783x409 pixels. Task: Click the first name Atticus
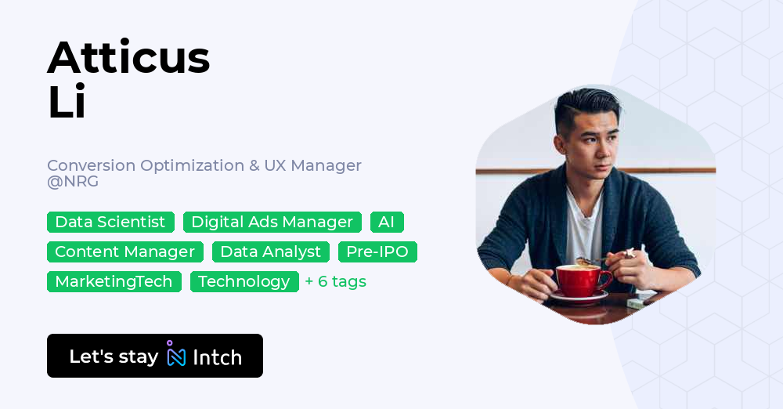128,57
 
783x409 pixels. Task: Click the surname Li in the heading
67,103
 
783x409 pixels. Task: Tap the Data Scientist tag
110,223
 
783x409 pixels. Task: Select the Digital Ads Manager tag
272,223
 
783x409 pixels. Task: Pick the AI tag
387,223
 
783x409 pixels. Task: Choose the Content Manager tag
125,252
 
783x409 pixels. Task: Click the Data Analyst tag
271,252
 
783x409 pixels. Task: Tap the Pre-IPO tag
377,252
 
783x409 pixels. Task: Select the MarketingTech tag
114,282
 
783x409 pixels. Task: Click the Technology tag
244,282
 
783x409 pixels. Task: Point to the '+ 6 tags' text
336,282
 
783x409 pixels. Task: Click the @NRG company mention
73,182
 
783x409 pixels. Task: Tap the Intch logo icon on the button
175,355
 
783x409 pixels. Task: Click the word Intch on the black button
217,357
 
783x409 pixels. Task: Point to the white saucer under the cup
579,298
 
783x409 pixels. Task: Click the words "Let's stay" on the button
114,357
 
